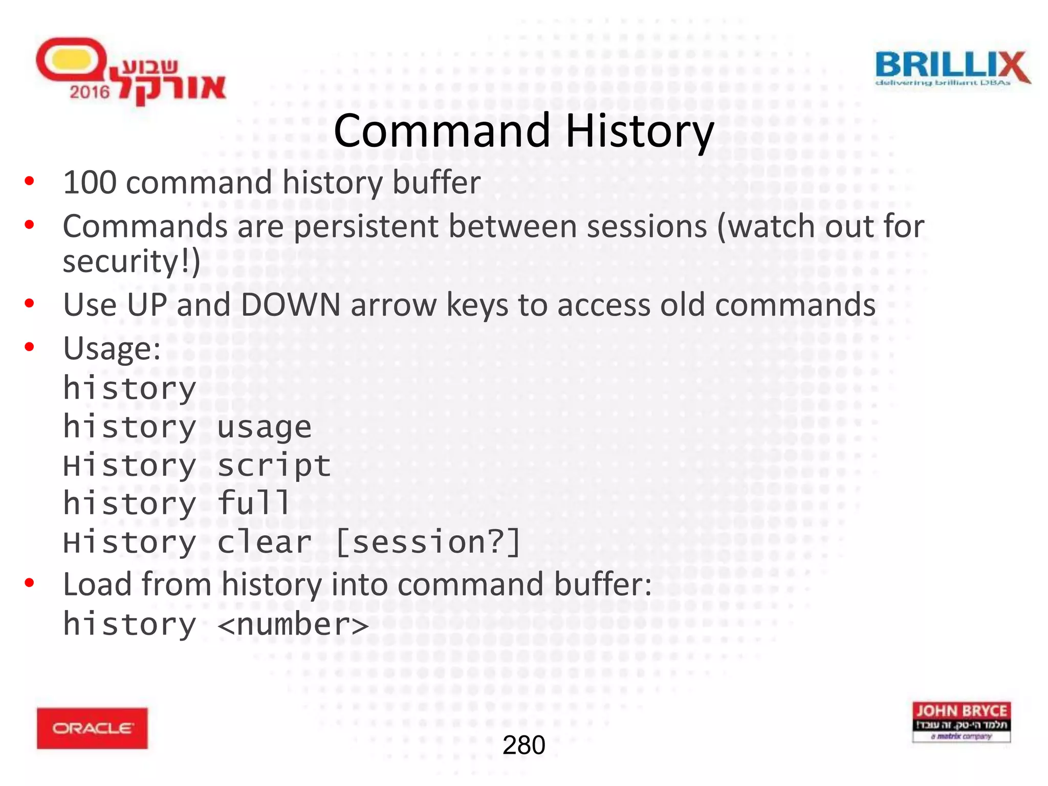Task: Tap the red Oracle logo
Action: pos(92,728)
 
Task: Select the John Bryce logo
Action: pos(961,722)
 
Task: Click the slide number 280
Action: pos(523,745)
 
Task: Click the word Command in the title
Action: pos(442,131)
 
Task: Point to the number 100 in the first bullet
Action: pos(90,183)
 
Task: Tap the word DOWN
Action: pos(291,305)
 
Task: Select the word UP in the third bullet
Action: pos(147,305)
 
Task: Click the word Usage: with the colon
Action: pos(112,349)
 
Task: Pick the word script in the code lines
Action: pos(274,466)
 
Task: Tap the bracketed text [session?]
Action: pos(428,542)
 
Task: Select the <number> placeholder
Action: pos(293,625)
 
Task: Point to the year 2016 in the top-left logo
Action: pos(90,92)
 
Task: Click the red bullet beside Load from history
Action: pos(30,583)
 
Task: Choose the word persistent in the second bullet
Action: pos(366,227)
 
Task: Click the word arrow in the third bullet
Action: pos(394,305)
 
